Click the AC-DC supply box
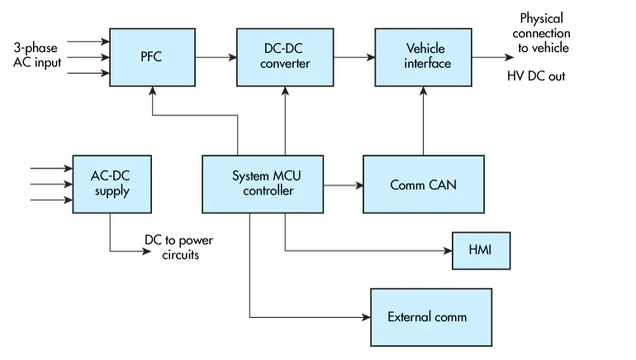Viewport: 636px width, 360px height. (110, 184)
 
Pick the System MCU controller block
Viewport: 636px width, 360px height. (263, 184)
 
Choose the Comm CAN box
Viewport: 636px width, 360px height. (423, 185)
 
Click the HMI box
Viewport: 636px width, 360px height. (480, 249)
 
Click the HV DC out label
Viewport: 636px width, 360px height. (536, 76)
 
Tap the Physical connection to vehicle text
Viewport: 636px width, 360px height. (541, 33)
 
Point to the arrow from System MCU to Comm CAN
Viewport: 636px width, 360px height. (344, 185)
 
